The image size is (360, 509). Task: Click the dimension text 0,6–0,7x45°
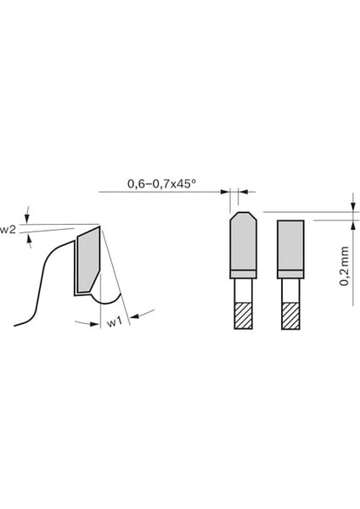point(160,183)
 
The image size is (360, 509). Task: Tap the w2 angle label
point(8,229)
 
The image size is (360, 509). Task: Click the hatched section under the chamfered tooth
point(241,316)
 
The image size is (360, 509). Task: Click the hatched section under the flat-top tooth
point(290,316)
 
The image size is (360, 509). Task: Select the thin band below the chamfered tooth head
point(241,274)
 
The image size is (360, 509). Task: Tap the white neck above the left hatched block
point(241,290)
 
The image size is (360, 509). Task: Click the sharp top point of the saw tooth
point(101,226)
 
